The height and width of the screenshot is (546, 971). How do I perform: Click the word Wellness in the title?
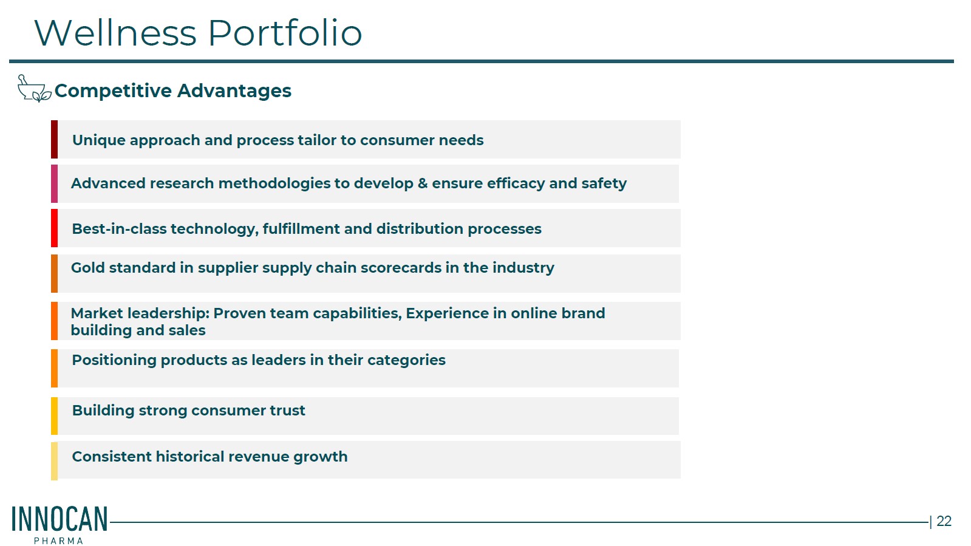click(116, 33)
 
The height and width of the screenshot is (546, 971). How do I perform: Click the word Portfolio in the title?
click(285, 33)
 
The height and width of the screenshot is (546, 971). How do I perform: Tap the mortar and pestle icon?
click(34, 89)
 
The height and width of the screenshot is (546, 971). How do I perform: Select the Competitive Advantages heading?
click(173, 90)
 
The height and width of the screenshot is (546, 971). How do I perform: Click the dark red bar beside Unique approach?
click(54, 139)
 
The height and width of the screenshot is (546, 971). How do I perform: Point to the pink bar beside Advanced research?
click(54, 183)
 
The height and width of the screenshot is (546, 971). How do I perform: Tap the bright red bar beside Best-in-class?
click(54, 228)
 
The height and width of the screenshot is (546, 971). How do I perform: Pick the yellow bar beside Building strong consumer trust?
click(54, 416)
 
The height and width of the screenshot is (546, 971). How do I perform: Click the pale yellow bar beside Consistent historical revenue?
click(54, 461)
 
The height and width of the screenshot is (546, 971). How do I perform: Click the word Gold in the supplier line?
click(87, 268)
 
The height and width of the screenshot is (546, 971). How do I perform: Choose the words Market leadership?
click(140, 313)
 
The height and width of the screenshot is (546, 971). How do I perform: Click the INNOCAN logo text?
click(60, 519)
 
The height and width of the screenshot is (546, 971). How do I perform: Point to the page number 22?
click(944, 521)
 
